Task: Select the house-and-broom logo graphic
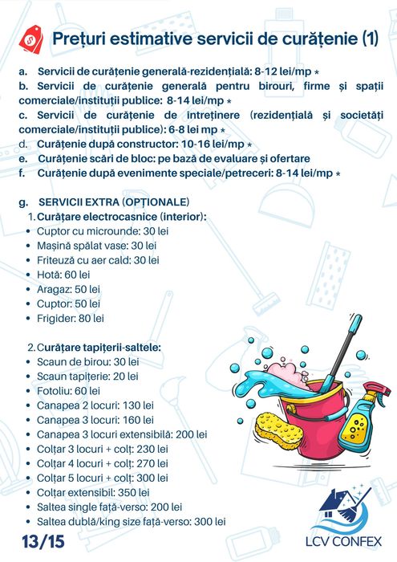click(346, 509)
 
